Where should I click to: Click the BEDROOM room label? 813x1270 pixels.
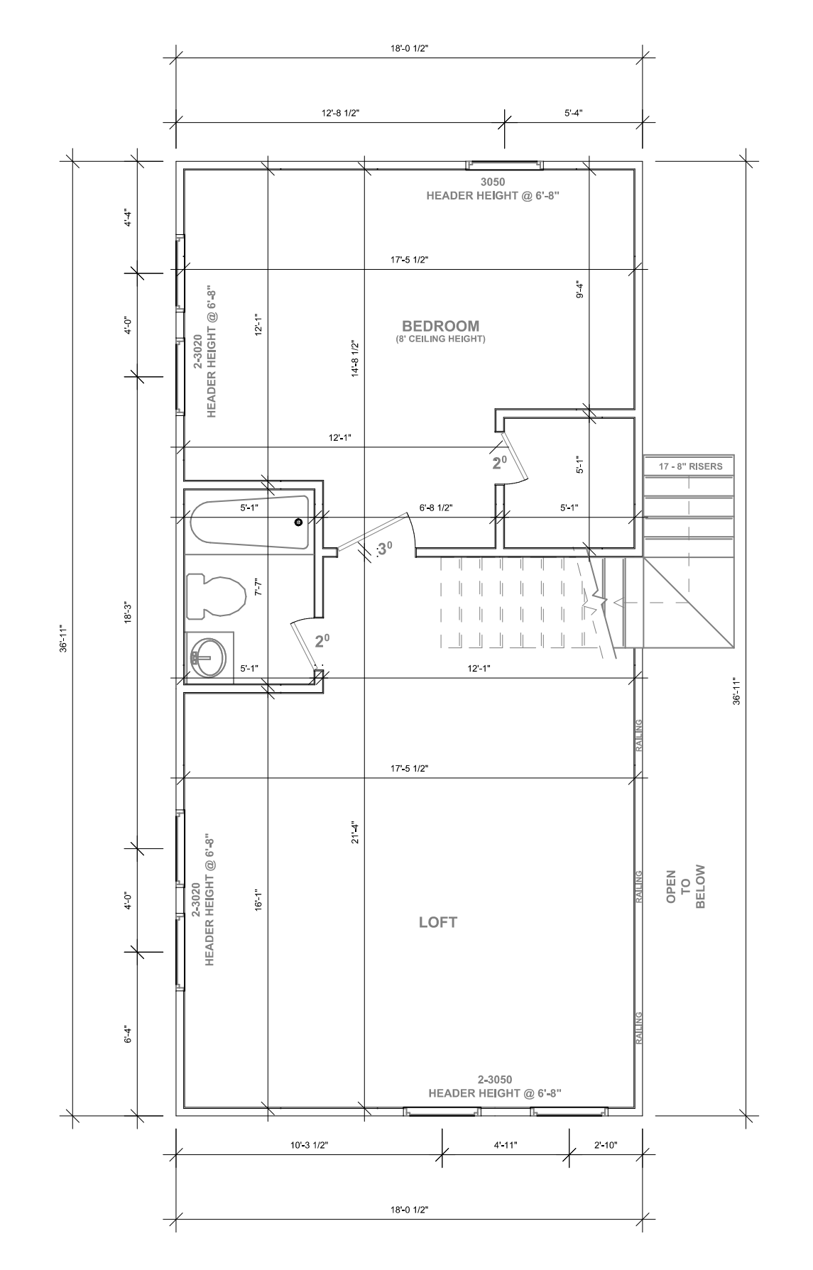tap(440, 326)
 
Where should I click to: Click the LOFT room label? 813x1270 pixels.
tap(438, 922)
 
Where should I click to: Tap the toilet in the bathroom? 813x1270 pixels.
tap(216, 595)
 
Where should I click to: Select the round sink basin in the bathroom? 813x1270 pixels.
tap(209, 657)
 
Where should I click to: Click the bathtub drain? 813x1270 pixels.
tap(298, 522)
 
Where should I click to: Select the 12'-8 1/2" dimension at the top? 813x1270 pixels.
tap(341, 113)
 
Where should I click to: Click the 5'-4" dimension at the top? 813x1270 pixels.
tap(574, 113)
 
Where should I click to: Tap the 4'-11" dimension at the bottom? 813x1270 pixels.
tap(506, 1145)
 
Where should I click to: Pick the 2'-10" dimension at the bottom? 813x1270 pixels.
tap(606, 1145)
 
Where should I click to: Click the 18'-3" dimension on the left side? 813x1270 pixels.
tap(128, 613)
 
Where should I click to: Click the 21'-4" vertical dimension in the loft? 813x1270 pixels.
tap(356, 832)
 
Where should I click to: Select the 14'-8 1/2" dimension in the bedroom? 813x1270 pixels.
tap(356, 358)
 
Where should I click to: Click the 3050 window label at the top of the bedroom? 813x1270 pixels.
tap(493, 182)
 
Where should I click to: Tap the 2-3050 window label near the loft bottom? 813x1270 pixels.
tap(495, 1080)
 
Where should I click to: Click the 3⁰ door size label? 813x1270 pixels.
tap(384, 549)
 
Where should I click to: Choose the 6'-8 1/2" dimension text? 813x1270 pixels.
tap(436, 508)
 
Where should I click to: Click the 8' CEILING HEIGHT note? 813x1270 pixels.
tap(440, 339)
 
